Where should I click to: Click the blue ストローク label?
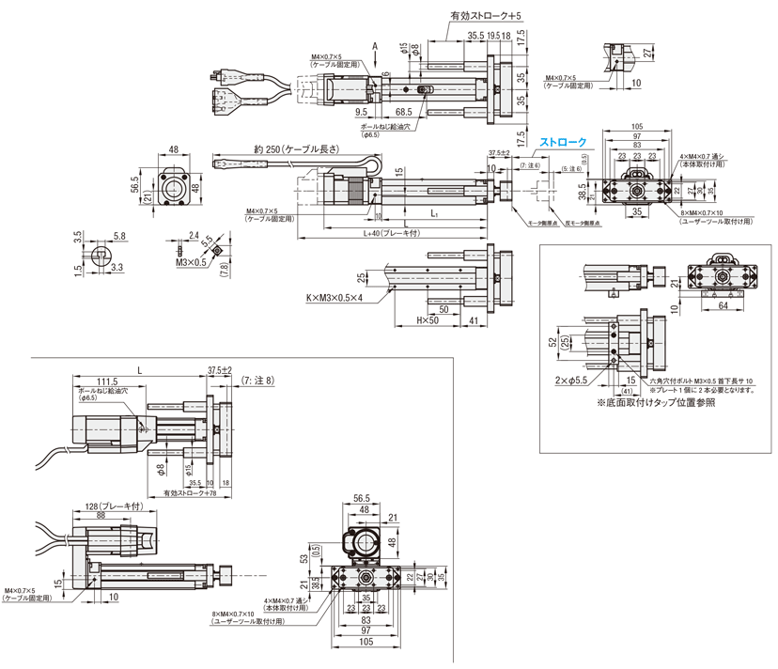(563, 142)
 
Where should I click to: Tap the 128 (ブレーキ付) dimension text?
(111, 505)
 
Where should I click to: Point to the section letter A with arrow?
(374, 45)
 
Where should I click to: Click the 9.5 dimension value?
(361, 110)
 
